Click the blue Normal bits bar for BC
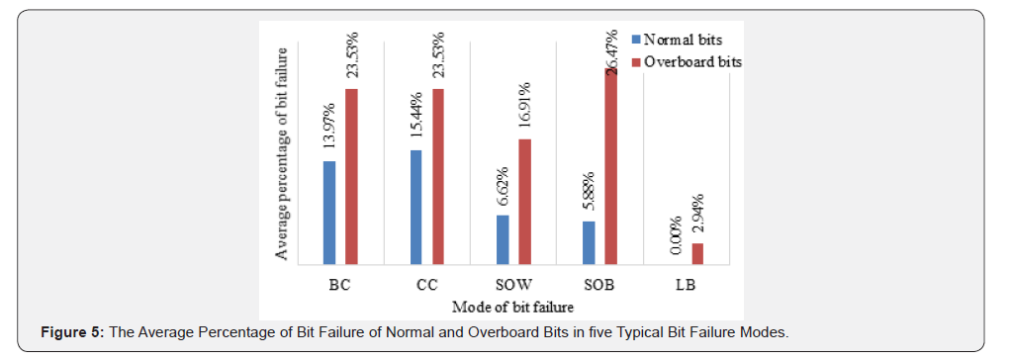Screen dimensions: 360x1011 pos(329,213)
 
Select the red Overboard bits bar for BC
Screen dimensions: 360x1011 pos(351,177)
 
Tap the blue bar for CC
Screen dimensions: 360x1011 pos(415,208)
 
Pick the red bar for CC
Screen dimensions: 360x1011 pos(438,177)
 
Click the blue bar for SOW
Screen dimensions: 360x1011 pos(503,240)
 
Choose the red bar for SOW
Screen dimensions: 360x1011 pos(524,202)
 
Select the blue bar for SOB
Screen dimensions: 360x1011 pos(589,243)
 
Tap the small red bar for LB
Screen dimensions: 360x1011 pos(697,254)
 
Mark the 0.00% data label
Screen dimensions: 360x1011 pos(676,235)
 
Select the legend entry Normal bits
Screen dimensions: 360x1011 pos(682,41)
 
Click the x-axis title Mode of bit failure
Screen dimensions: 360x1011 pos(512,308)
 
